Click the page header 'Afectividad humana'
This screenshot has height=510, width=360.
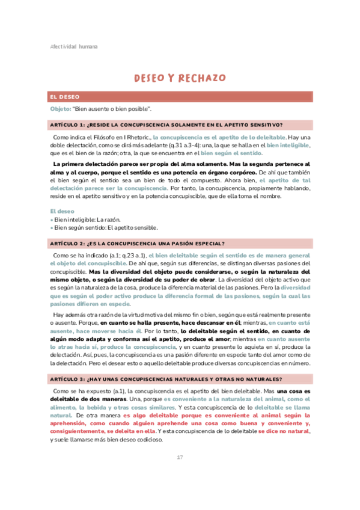point(74,46)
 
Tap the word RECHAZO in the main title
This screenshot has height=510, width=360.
point(203,78)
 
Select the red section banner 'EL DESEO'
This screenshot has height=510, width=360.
point(180,96)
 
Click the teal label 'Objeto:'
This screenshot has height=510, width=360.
point(59,109)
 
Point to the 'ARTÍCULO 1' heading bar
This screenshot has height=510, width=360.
point(180,124)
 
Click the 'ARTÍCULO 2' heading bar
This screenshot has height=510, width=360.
point(180,243)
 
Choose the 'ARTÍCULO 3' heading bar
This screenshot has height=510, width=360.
point(180,378)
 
